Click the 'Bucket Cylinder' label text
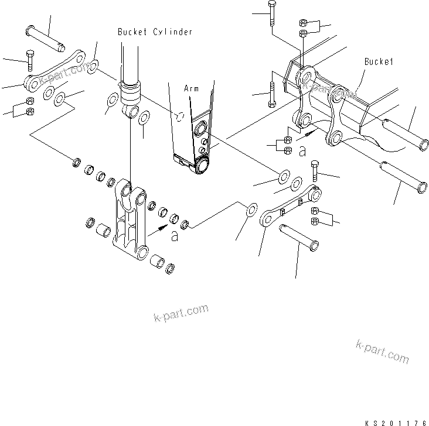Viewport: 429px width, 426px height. point(154,32)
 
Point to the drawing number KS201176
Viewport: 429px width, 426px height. point(395,420)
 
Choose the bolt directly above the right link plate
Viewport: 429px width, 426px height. point(315,171)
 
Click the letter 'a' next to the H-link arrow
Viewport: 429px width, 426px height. point(173,236)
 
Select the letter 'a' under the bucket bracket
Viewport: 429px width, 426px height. point(302,151)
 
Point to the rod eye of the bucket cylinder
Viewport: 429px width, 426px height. point(132,111)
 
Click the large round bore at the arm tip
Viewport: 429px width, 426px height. point(203,166)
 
